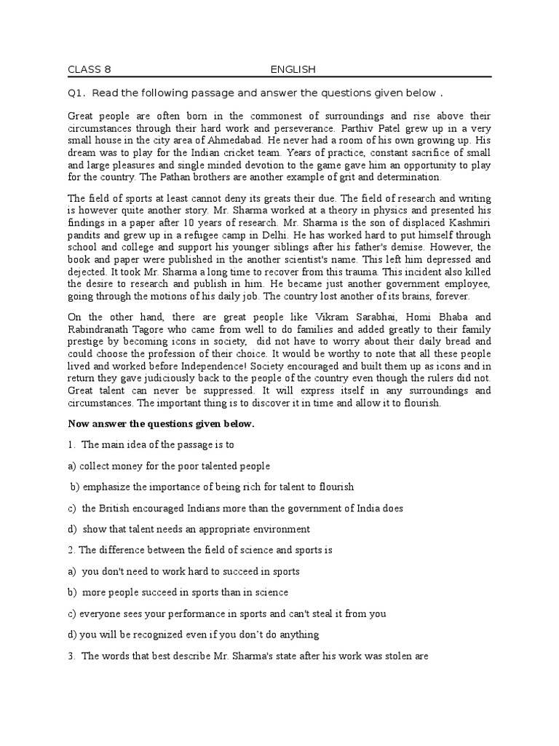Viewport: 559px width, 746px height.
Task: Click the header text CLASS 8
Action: (90, 70)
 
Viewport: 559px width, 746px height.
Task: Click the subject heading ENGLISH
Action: (293, 70)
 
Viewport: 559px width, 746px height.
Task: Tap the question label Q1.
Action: (77, 93)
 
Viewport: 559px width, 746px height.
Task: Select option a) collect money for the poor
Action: (170, 466)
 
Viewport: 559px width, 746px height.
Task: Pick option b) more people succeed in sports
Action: (178, 592)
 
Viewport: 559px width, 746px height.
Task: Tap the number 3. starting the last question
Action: (72, 656)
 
